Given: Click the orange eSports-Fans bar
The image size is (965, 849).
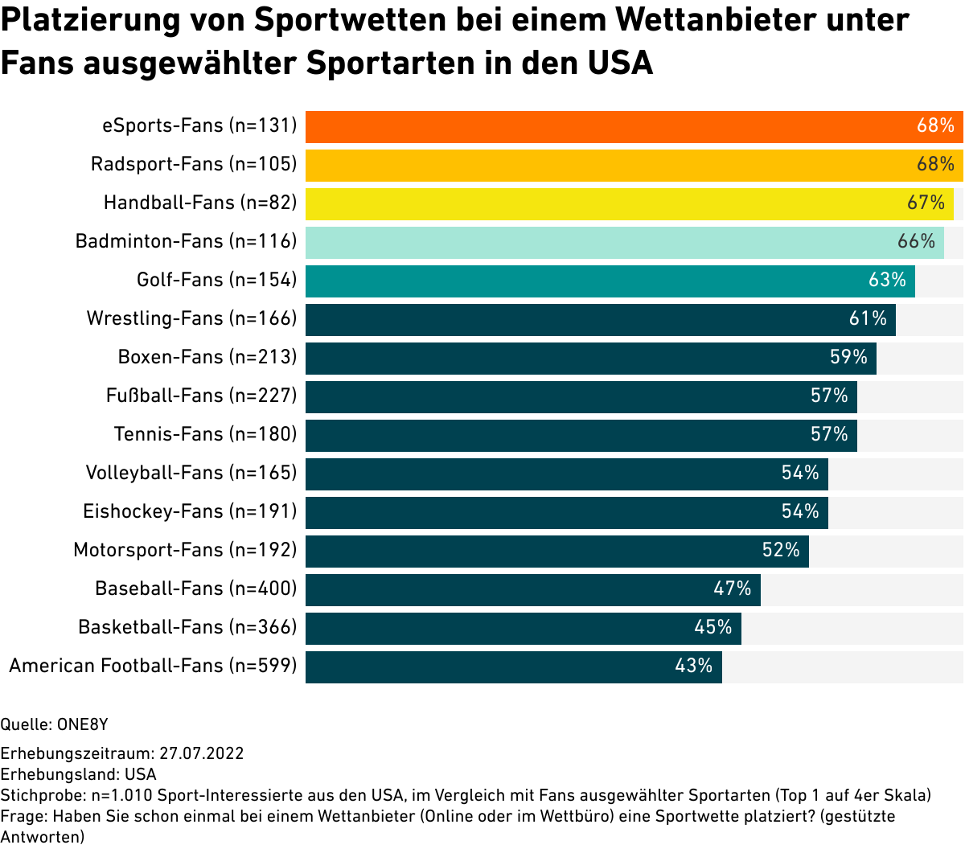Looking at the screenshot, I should coord(611,126).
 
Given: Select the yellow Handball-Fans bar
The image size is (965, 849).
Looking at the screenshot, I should coord(611,203).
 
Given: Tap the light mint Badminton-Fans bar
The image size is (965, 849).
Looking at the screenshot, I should coord(611,242).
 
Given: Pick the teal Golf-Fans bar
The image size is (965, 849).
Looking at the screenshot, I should coord(595,281).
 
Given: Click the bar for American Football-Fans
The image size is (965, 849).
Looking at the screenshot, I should coord(499,666).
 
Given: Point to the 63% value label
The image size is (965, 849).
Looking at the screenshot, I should coord(887,280).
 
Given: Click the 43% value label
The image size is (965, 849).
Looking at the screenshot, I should coord(694,666).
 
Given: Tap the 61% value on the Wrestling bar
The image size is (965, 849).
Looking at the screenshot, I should coord(868,318).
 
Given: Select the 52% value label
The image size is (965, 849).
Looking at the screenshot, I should coord(781,550).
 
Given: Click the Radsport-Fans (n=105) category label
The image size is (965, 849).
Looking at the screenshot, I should coord(194,164).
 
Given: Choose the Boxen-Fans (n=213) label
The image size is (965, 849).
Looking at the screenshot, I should coord(207,357).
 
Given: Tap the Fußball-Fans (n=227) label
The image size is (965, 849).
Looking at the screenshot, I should coord(202,396).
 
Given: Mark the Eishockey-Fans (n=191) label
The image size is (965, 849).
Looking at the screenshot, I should coord(190,511).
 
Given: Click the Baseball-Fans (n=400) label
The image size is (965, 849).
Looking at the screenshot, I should coord(196,589).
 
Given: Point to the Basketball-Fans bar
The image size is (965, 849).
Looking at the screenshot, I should coord(523,628).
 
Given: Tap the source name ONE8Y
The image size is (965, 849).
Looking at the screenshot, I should coord(82,724).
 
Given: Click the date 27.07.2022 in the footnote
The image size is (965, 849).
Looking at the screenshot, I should coord(201,753).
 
